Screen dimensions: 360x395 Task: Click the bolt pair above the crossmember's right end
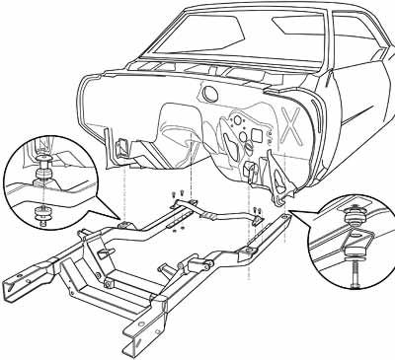256,209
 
